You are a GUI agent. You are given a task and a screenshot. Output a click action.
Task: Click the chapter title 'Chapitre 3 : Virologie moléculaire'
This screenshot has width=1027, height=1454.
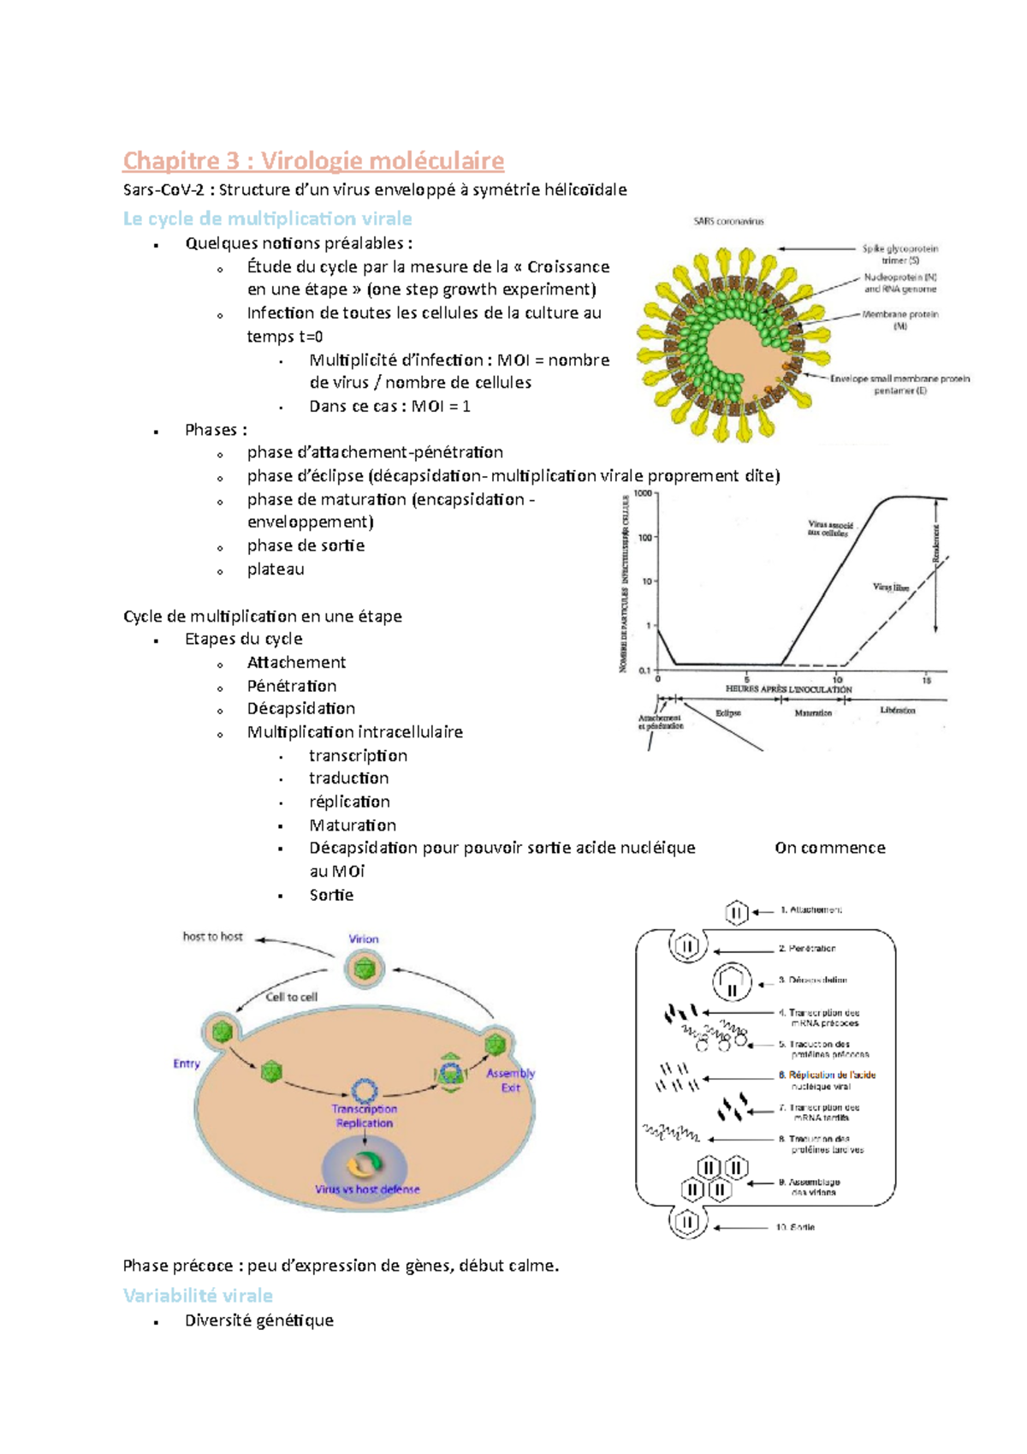(x=313, y=161)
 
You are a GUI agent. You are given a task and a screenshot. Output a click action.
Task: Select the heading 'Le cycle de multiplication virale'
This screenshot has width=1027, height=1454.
(x=267, y=218)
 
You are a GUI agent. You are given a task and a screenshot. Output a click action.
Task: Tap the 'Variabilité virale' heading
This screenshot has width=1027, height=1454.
(x=198, y=1296)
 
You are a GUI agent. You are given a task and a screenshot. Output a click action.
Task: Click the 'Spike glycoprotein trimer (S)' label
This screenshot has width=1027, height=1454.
(x=899, y=254)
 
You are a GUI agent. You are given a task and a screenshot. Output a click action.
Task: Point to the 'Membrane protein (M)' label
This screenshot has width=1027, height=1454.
(x=899, y=319)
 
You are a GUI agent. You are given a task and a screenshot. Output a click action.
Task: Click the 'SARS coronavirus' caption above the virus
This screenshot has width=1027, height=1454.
(x=728, y=222)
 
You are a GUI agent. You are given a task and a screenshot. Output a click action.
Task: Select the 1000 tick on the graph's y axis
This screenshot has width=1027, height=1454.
(x=643, y=494)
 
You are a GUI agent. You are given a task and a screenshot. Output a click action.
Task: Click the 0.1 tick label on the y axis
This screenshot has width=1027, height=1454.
(x=644, y=670)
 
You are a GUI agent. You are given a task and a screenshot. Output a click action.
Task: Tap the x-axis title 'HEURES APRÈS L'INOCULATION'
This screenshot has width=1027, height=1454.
(x=788, y=689)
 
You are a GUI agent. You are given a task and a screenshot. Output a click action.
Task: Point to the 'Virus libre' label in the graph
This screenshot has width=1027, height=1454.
(x=890, y=587)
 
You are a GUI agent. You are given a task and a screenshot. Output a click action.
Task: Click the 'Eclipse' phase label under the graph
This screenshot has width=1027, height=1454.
(x=728, y=712)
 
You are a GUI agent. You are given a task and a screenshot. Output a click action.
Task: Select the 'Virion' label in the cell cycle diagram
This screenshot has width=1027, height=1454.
(x=364, y=939)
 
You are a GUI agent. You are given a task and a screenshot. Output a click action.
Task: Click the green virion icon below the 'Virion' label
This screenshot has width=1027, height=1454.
(x=365, y=970)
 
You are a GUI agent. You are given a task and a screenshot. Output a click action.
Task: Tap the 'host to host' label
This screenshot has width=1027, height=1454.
(x=213, y=937)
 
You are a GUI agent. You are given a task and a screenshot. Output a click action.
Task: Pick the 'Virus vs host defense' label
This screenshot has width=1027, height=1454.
(x=367, y=1189)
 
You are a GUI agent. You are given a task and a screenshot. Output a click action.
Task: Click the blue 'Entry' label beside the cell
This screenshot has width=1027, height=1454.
(x=187, y=1064)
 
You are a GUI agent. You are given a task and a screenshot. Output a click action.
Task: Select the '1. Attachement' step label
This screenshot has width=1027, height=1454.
(x=810, y=910)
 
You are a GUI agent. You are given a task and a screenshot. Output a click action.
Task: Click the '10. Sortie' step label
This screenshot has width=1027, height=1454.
(x=795, y=1227)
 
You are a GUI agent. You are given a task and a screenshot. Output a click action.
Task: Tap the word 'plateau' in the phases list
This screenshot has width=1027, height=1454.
(x=276, y=569)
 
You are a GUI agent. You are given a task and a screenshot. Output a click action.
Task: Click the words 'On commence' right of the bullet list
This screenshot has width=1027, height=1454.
(x=830, y=848)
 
